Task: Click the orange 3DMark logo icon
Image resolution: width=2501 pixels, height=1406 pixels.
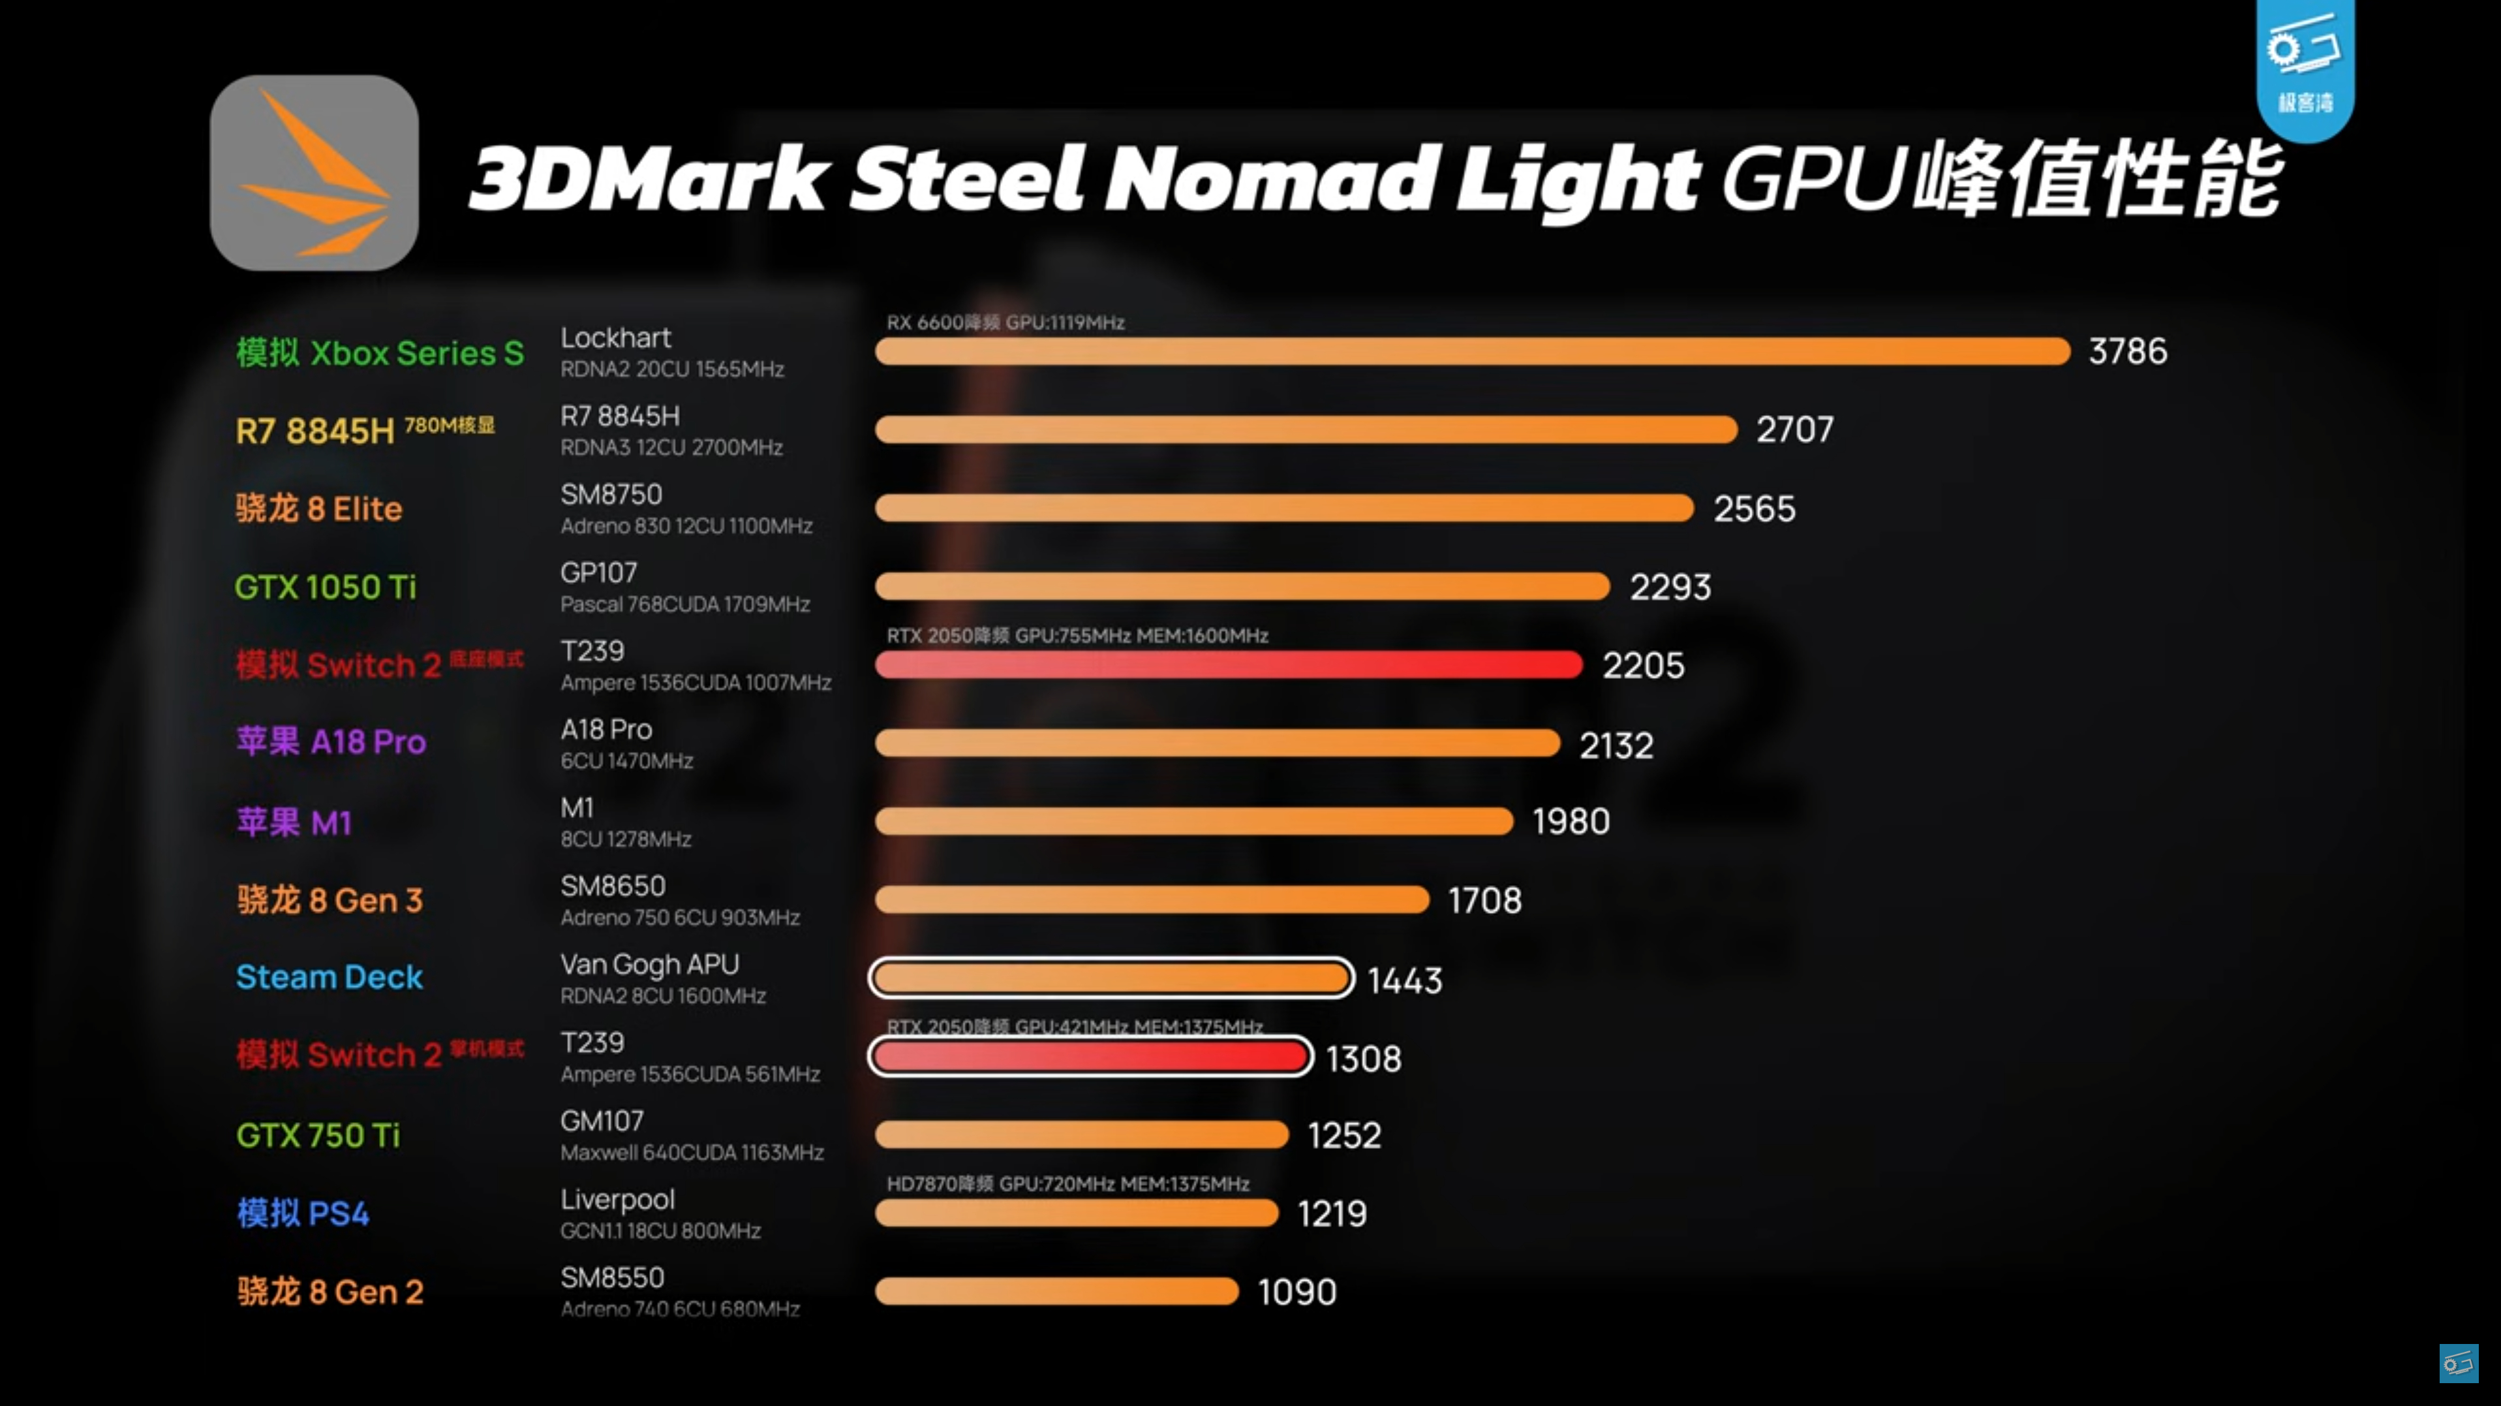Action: click(x=314, y=173)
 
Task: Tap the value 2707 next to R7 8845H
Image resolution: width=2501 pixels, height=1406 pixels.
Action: click(x=1794, y=430)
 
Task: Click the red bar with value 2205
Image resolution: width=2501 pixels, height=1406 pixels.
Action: click(x=1228, y=665)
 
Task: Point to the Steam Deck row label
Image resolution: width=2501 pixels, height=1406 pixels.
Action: click(x=329, y=976)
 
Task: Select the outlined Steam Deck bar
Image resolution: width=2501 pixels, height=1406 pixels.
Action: click(x=1111, y=978)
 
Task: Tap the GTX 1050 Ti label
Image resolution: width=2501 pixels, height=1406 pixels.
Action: click(x=325, y=587)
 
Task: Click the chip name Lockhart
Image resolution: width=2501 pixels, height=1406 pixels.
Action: click(x=615, y=338)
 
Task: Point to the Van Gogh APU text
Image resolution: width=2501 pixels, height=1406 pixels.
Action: click(x=649, y=964)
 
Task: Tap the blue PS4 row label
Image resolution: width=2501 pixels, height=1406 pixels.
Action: click(x=303, y=1213)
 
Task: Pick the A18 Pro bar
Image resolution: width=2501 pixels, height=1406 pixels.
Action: click(x=1216, y=743)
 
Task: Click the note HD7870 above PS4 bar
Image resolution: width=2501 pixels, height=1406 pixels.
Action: click(x=1067, y=1183)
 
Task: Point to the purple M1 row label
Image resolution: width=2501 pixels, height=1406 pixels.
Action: click(x=293, y=822)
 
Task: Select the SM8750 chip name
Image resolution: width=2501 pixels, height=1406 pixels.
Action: click(x=611, y=494)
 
